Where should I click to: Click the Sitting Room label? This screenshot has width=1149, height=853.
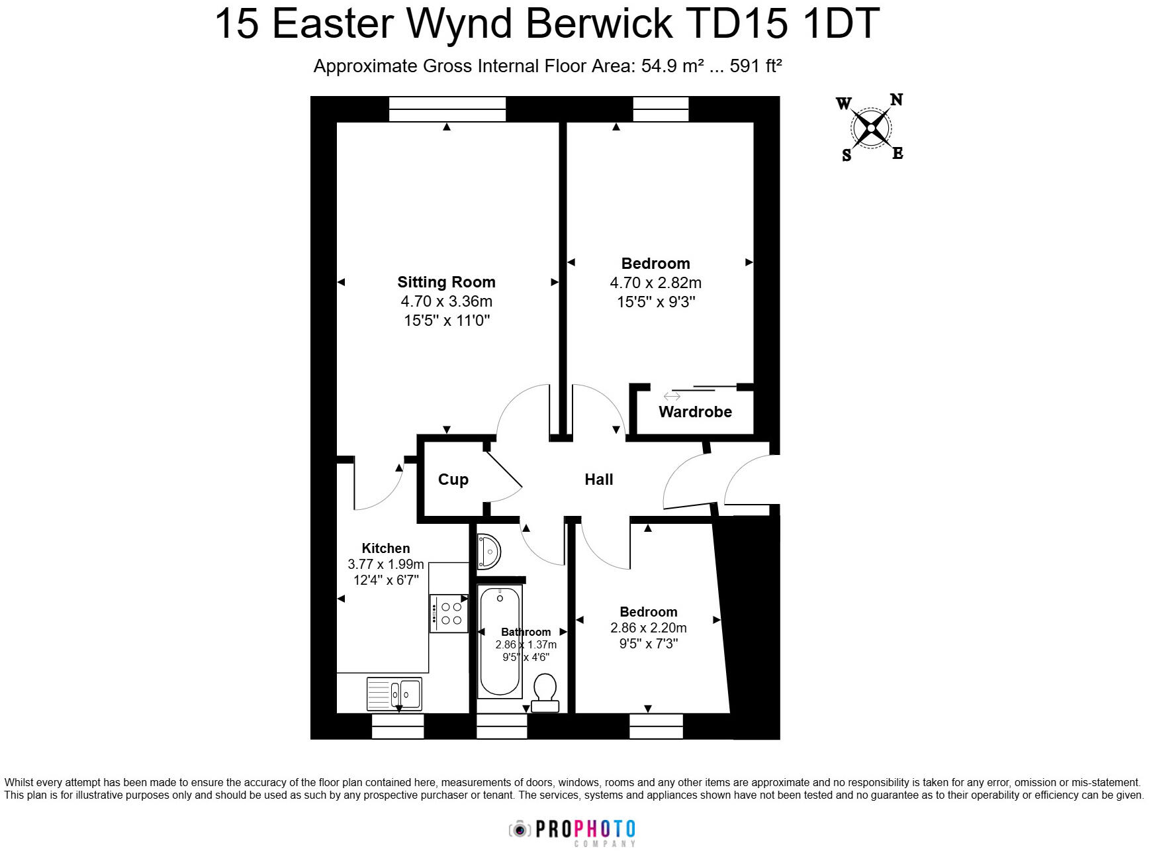pyautogui.click(x=446, y=282)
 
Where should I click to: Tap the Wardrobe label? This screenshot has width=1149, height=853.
pyautogui.click(x=695, y=412)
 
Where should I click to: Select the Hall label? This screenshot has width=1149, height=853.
pyautogui.click(x=598, y=479)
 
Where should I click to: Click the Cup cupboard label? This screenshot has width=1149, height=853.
pyautogui.click(x=453, y=479)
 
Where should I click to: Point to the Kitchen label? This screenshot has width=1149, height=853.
pyautogui.click(x=385, y=548)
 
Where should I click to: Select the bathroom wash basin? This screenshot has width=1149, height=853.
pyautogui.click(x=488, y=551)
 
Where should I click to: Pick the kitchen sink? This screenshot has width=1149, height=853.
pyautogui.click(x=394, y=694)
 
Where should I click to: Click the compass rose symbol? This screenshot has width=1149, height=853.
pyautogui.click(x=871, y=128)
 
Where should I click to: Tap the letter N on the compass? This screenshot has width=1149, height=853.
pyautogui.click(x=896, y=100)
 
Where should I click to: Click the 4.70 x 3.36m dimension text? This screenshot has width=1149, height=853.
pyautogui.click(x=446, y=301)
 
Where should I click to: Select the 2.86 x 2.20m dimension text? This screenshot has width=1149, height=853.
pyautogui.click(x=648, y=628)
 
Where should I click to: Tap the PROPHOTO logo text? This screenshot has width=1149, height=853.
pyautogui.click(x=585, y=829)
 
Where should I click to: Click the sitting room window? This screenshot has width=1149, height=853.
pyautogui.click(x=447, y=109)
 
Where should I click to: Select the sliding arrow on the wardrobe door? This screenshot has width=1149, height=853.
pyautogui.click(x=672, y=396)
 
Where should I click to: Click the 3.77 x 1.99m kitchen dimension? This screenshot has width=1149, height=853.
pyautogui.click(x=385, y=564)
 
